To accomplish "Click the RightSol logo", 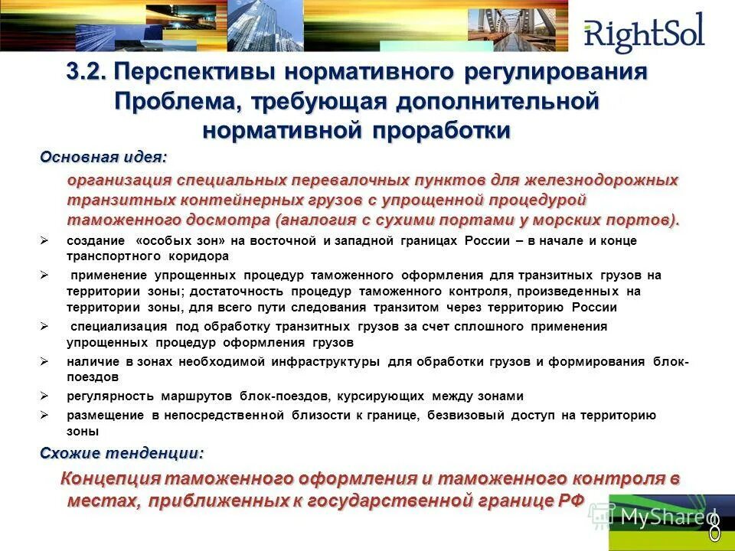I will point(643,34).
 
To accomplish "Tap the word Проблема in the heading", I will point(175,102).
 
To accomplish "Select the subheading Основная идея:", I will point(103,157).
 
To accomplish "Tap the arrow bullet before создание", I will point(44,241).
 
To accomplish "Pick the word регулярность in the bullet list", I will point(110,396).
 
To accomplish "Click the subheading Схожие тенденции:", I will point(122,453).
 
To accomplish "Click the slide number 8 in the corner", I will point(714,528).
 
